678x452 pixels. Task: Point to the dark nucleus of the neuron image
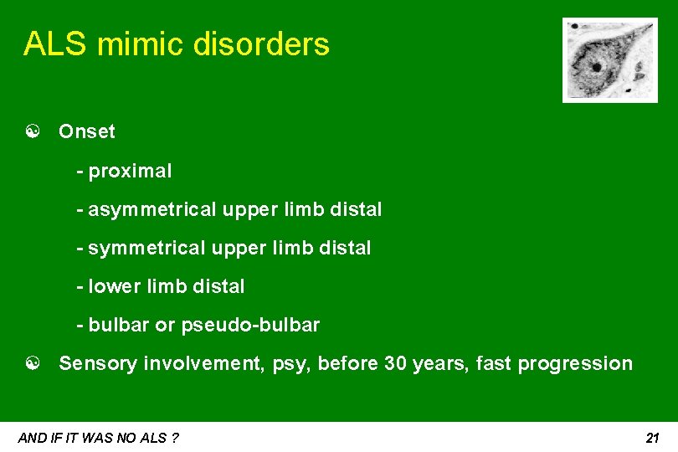(x=596, y=67)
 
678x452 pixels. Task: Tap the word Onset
(x=87, y=131)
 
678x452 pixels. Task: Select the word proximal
(x=130, y=172)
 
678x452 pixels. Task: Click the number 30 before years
(x=395, y=363)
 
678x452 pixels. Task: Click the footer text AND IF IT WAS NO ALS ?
(x=98, y=438)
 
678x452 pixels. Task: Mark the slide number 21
(x=653, y=438)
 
